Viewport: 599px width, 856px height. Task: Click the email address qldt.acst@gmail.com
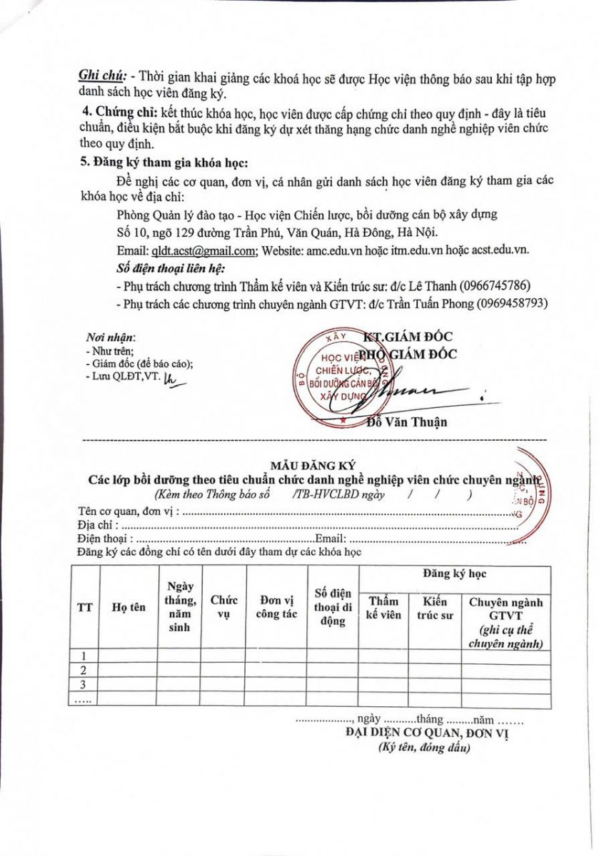tap(203, 250)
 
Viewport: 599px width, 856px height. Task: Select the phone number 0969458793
tap(513, 303)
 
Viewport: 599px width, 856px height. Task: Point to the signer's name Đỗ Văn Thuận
tap(406, 422)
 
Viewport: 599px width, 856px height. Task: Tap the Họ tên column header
tap(129, 607)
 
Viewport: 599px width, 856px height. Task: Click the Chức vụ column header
tap(223, 607)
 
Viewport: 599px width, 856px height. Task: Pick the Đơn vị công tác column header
tap(276, 607)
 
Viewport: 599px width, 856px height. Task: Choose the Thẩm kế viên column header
tap(383, 608)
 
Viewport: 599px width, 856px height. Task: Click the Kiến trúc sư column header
tap(434, 608)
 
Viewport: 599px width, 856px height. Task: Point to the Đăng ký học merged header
tap(454, 574)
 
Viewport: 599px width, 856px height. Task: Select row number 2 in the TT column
tap(84, 671)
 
